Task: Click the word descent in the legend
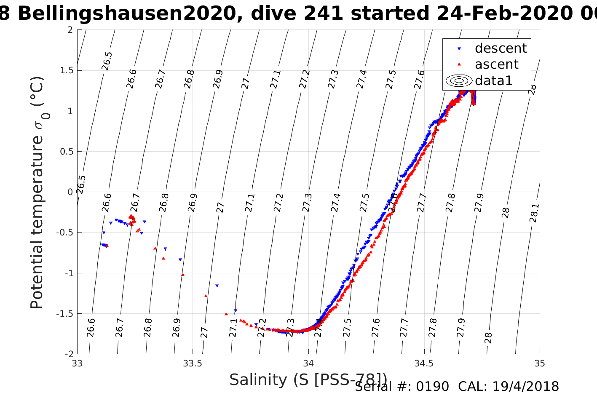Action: point(501,48)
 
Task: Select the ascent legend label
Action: point(496,64)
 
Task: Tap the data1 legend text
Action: point(493,80)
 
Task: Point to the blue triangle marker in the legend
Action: point(459,49)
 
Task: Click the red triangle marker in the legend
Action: point(459,64)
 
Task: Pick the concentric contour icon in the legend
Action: point(459,80)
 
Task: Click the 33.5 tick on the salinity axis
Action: point(193,363)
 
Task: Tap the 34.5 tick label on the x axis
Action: point(424,363)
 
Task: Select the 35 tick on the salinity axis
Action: point(539,363)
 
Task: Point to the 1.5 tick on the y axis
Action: point(67,70)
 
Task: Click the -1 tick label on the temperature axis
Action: point(68,273)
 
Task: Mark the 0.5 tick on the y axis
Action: point(67,152)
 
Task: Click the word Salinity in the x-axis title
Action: point(259,380)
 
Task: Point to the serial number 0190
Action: point(433,387)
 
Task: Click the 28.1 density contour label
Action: point(534,213)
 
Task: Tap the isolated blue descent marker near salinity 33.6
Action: point(217,286)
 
